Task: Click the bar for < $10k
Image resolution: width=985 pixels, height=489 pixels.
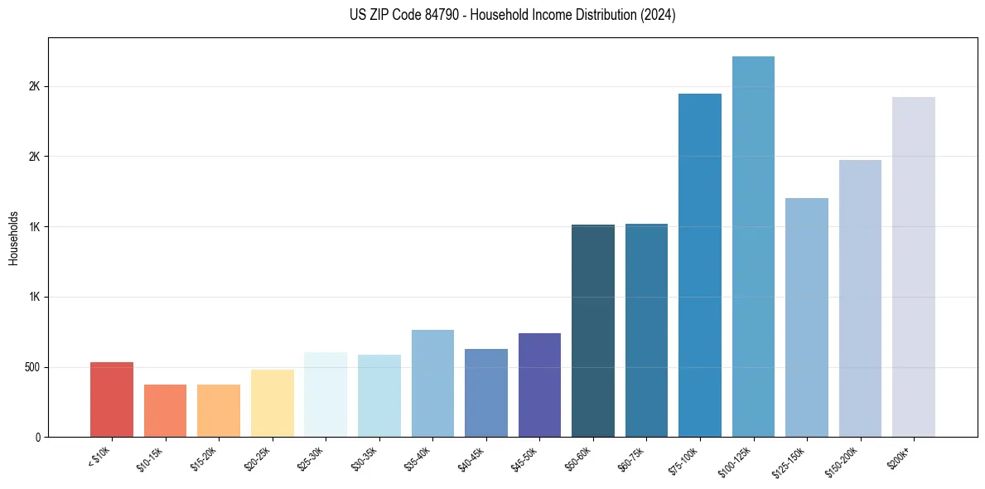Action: pyautogui.click(x=112, y=399)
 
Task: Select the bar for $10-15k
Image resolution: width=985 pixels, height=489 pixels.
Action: pyautogui.click(x=165, y=410)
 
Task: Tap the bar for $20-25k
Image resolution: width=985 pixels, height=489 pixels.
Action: pyautogui.click(x=273, y=403)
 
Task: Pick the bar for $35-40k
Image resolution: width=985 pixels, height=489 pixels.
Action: pyautogui.click(x=432, y=383)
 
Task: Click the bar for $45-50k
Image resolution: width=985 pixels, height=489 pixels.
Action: pyautogui.click(x=539, y=385)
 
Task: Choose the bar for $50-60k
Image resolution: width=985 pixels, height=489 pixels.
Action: pyautogui.click(x=593, y=331)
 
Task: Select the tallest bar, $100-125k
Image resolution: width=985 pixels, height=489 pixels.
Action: pyautogui.click(x=753, y=246)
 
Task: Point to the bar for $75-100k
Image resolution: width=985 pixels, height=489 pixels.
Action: pyautogui.click(x=700, y=265)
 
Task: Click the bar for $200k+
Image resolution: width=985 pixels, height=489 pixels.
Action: pyautogui.click(x=914, y=267)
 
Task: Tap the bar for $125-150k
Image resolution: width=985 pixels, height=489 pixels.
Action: pyautogui.click(x=807, y=317)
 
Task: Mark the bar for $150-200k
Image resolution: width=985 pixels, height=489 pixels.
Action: pyautogui.click(x=860, y=298)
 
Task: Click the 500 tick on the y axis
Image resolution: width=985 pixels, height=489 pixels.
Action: pyautogui.click(x=33, y=367)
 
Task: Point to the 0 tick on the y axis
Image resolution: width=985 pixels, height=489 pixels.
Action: pyautogui.click(x=38, y=437)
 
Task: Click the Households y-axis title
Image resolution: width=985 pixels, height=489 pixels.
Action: pyautogui.click(x=13, y=237)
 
